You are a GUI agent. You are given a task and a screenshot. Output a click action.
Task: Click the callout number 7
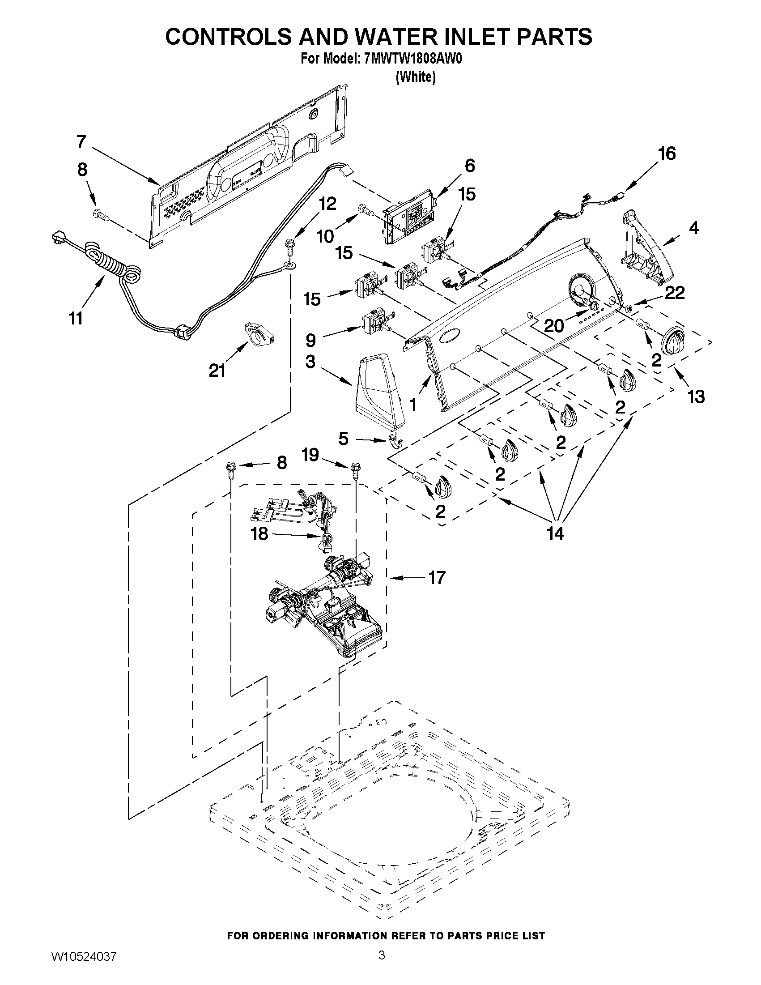click(81, 141)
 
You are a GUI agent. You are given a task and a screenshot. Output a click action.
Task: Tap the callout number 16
click(667, 154)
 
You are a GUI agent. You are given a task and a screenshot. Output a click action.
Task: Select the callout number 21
click(217, 371)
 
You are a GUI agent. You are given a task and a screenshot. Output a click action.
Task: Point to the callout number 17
click(436, 577)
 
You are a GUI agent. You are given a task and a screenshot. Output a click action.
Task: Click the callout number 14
click(555, 534)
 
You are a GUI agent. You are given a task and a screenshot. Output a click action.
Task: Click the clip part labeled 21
click(259, 333)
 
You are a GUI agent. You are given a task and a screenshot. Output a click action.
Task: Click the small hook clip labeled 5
click(395, 442)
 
